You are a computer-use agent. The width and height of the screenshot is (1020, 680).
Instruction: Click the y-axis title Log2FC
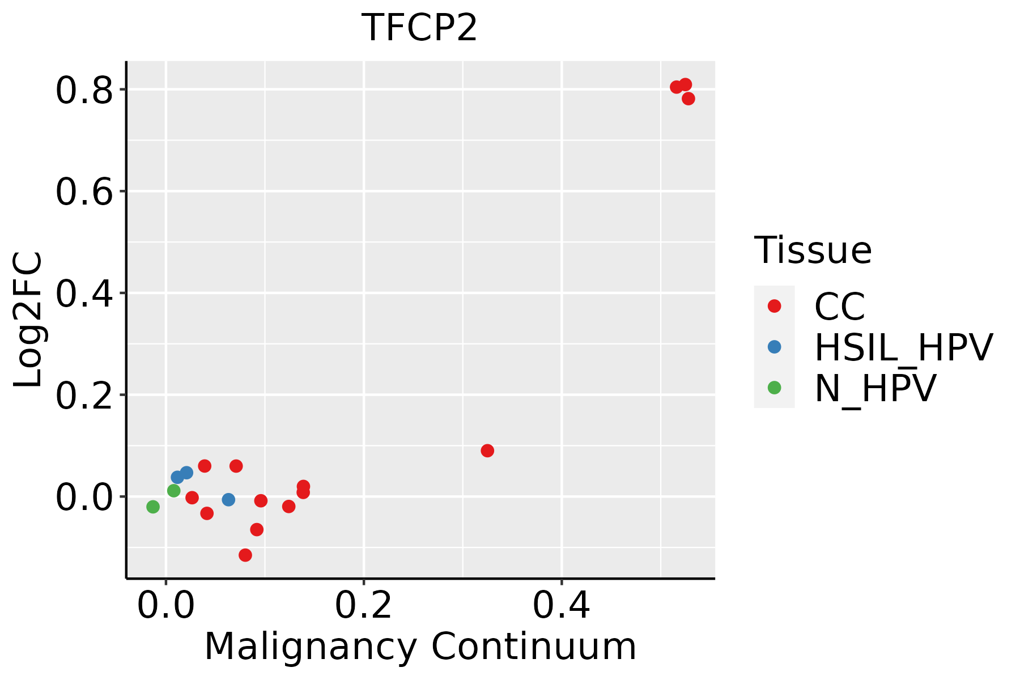pyautogui.click(x=28, y=320)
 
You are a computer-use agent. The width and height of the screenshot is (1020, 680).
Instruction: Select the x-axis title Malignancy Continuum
pyautogui.click(x=420, y=647)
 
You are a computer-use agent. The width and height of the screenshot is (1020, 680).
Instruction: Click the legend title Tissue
pyautogui.click(x=813, y=250)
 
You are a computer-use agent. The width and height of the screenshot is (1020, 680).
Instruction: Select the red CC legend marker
pyautogui.click(x=774, y=306)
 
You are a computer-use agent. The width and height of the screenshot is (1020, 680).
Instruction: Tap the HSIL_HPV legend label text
pyautogui.click(x=903, y=347)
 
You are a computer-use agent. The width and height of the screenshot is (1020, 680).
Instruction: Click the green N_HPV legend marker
pyautogui.click(x=774, y=388)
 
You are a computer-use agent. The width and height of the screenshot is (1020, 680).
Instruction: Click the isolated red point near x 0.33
pyautogui.click(x=487, y=450)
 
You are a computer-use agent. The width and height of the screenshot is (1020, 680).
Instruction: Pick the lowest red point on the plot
pyautogui.click(x=245, y=555)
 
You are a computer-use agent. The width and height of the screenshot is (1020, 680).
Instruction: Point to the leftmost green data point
pyautogui.click(x=153, y=507)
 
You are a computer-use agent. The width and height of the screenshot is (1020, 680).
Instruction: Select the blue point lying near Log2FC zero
pyautogui.click(x=228, y=499)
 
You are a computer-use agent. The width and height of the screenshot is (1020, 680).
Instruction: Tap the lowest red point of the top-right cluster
pyautogui.click(x=688, y=99)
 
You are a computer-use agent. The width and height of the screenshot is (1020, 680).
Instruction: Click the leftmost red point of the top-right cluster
pyautogui.click(x=676, y=87)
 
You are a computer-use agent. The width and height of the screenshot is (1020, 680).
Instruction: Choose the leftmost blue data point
pyautogui.click(x=177, y=477)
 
